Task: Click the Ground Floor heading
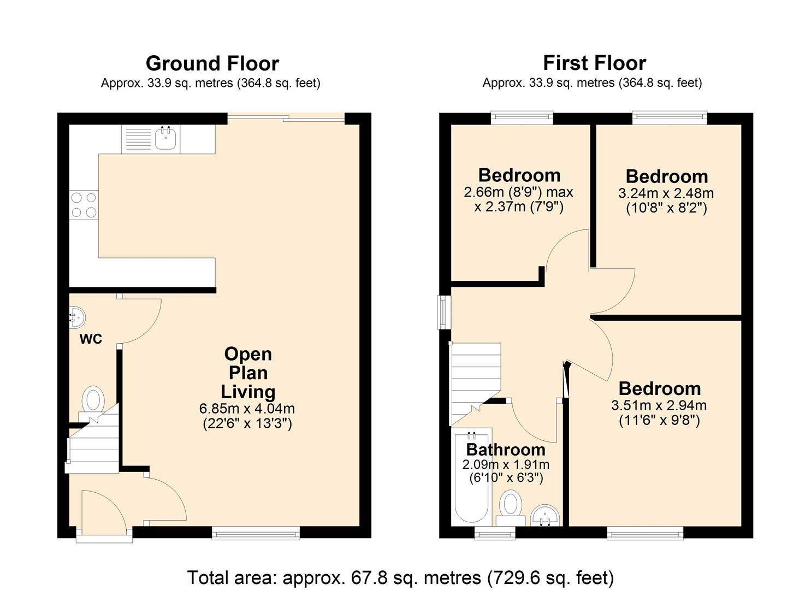tap(212, 63)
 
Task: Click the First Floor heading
tap(594, 63)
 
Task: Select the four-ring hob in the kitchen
tap(84, 205)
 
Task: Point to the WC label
tap(91, 339)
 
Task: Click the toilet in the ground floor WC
tap(93, 400)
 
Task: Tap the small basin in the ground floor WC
tap(76, 317)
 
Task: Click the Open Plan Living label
tap(248, 373)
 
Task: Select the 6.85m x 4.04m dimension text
tap(247, 408)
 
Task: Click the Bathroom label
tap(506, 450)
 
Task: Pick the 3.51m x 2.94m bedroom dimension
tap(659, 405)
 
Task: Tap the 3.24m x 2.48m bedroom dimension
tap(666, 193)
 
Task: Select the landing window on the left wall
tap(443, 312)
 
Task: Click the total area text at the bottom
tap(400, 577)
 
